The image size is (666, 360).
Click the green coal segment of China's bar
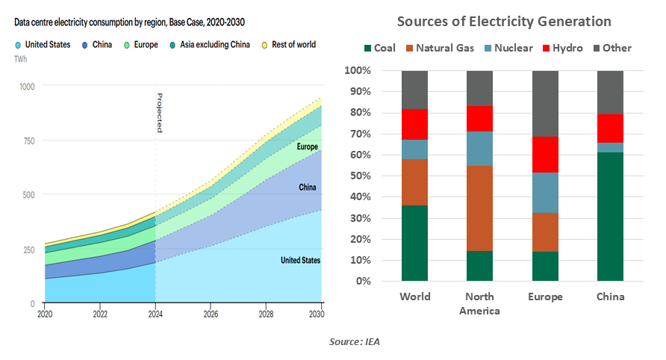[x=609, y=217]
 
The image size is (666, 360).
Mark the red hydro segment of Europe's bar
[x=545, y=155]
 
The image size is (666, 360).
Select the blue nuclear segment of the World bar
[x=415, y=149]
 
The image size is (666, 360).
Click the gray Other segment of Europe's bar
[x=545, y=104]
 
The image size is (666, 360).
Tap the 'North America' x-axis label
[x=480, y=303]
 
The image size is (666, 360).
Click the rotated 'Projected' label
[x=159, y=113]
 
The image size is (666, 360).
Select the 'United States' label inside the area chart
[x=300, y=261]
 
